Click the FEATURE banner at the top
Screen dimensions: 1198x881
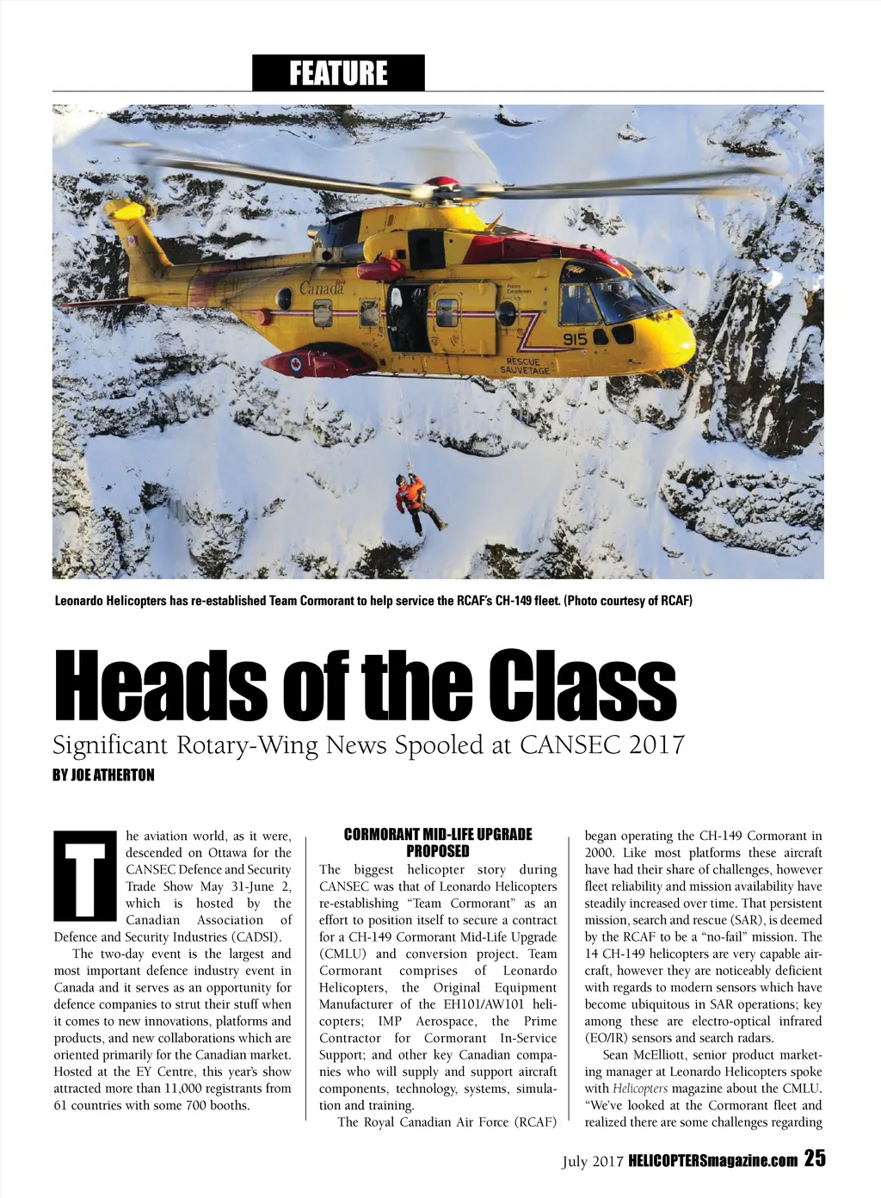tap(338, 73)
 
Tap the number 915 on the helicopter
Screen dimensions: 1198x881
tap(575, 340)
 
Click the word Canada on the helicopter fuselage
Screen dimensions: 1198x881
tap(321, 287)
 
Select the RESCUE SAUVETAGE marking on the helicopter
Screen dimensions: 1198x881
tap(526, 366)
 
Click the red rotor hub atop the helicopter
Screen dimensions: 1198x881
tap(441, 185)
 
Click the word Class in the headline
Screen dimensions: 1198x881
tap(577, 687)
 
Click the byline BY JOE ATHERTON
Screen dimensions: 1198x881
tap(103, 775)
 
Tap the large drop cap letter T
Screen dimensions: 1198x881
tap(83, 874)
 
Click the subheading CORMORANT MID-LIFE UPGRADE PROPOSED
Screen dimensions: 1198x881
tap(438, 843)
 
